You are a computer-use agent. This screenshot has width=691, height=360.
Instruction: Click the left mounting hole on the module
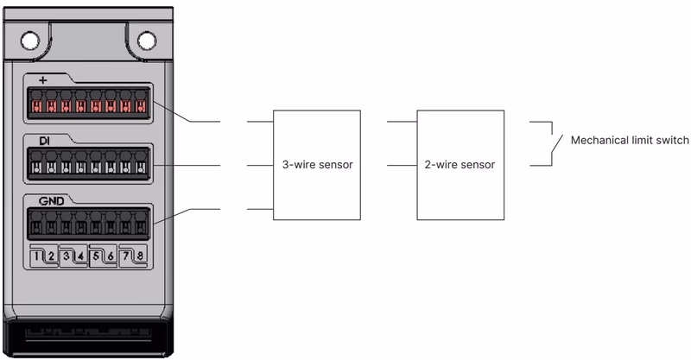tap(30, 41)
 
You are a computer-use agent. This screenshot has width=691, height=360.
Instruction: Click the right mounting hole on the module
tap(147, 41)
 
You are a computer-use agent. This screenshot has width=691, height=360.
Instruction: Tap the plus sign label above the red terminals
tap(42, 80)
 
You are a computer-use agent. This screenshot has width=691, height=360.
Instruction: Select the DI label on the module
tap(45, 141)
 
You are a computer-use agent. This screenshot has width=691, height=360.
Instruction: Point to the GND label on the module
tap(51, 201)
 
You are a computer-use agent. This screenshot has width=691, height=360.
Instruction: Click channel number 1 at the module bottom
tap(37, 256)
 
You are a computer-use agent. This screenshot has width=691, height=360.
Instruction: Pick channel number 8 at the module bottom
tap(140, 256)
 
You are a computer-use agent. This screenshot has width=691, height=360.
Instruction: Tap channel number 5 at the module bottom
tap(96, 256)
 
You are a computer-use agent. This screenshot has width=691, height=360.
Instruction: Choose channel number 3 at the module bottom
tap(67, 256)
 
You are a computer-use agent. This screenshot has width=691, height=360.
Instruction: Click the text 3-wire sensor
tap(317, 165)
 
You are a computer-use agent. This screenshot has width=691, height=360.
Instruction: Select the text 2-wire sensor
tap(460, 165)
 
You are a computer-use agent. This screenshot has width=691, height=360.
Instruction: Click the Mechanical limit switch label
tap(630, 140)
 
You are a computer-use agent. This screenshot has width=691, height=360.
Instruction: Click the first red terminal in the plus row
tap(36, 105)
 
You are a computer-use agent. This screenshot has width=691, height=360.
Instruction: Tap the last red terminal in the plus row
tap(140, 105)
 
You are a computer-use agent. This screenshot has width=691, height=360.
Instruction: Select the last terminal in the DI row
tap(140, 167)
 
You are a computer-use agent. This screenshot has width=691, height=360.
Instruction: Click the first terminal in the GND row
tap(36, 227)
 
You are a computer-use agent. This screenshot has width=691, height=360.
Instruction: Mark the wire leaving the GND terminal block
tap(185, 213)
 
